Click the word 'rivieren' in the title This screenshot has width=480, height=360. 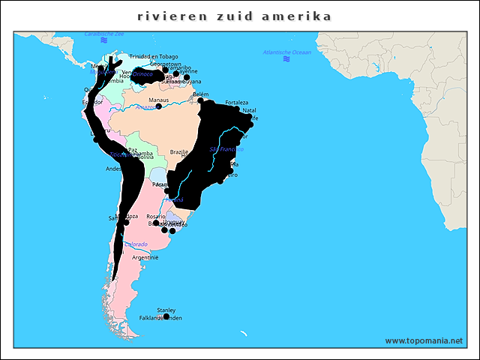166,16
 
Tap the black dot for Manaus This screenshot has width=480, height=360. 159,106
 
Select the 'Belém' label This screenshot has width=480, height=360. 200,94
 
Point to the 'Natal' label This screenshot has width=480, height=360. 250,110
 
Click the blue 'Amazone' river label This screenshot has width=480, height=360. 145,107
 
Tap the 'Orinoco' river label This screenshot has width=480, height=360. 143,74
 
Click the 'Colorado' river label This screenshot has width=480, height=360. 136,244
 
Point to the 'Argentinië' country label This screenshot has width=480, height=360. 145,257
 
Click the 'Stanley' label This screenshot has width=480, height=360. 166,310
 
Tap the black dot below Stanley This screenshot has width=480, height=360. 166,316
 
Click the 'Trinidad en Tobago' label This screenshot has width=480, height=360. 154,56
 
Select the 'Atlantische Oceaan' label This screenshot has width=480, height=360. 286,52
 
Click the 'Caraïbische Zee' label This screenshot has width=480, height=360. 104,34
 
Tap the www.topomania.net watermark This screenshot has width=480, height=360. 424,340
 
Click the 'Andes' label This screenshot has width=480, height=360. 113,169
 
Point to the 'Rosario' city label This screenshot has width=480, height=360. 156,216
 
